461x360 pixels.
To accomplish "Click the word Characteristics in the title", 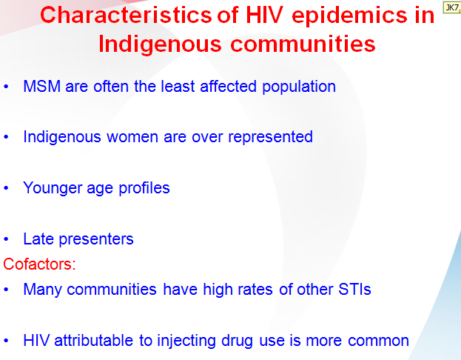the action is (x=126, y=15).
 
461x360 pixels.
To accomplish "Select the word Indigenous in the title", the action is (x=160, y=44).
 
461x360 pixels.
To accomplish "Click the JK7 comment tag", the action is (x=452, y=7).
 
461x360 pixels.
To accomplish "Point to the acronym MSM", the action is (x=42, y=87).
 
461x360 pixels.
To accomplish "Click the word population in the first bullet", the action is (x=299, y=87).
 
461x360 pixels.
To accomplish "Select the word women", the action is (x=132, y=137).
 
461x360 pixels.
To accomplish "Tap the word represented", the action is (x=270, y=138).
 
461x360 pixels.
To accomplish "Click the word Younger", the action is (x=53, y=188).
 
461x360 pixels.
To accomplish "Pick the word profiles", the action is (x=144, y=188).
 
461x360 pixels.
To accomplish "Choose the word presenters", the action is (x=96, y=239).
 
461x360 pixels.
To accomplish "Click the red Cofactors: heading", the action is (x=39, y=264).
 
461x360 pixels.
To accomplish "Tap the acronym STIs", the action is (x=355, y=290).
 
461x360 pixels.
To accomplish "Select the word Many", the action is (x=43, y=290).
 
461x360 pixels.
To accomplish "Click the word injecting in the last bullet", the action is (x=187, y=341).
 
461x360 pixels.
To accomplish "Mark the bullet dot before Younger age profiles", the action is (x=6, y=188).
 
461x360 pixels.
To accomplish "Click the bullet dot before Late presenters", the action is (x=6, y=239).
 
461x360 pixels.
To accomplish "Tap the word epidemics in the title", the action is (x=349, y=16).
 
